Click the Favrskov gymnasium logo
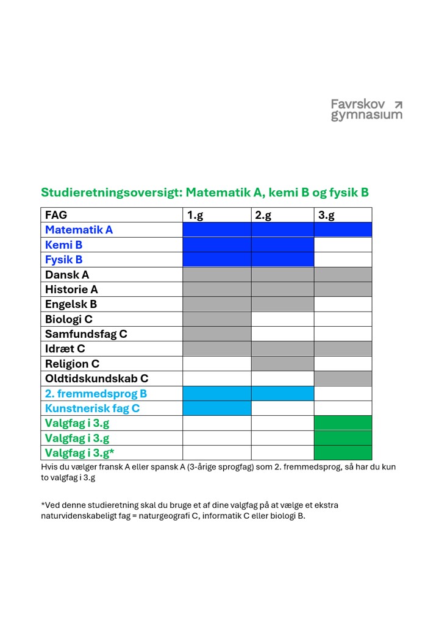(366, 110)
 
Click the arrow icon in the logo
(398, 104)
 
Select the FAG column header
(56, 215)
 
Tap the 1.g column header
(195, 215)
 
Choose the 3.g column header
(327, 215)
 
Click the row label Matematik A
(79, 230)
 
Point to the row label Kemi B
(63, 245)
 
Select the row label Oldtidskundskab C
(96, 379)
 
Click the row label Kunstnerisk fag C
(92, 408)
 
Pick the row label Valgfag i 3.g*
(79, 453)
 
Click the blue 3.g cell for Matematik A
(343, 230)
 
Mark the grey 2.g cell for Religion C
(282, 364)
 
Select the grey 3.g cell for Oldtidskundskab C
(343, 379)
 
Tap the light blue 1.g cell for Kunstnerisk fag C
(216, 408)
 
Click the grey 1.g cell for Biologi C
(216, 319)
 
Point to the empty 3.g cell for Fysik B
(343, 260)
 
